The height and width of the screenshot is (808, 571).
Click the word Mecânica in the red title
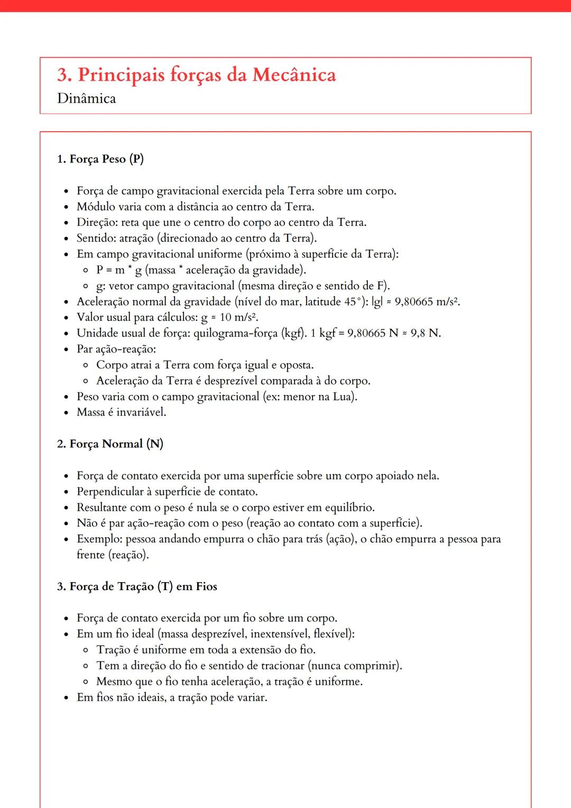tap(294, 75)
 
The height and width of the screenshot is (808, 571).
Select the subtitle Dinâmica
tap(87, 98)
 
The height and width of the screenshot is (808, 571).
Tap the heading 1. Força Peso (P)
tap(100, 159)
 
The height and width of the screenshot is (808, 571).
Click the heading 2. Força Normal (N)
tap(110, 444)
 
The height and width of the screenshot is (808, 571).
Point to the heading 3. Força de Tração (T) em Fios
tap(137, 586)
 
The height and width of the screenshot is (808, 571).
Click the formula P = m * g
tap(119, 270)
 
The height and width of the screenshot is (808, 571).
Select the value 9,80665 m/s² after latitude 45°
tap(427, 302)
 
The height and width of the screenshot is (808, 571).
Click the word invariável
tap(141, 412)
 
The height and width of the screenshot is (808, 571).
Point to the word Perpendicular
tap(110, 492)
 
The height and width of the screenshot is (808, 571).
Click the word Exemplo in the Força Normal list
tap(99, 539)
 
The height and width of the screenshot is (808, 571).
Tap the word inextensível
tap(279, 634)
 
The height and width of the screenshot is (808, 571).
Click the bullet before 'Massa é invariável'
tap(66, 413)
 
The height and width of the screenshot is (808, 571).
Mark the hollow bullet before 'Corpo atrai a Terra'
tap(86, 365)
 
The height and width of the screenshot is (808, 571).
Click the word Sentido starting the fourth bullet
tap(96, 238)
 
